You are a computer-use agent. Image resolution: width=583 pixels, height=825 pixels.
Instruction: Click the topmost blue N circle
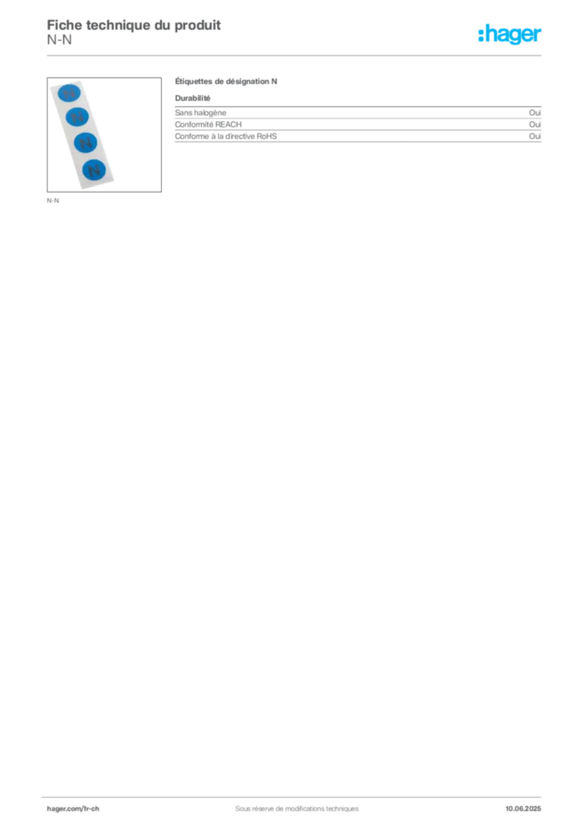pyautogui.click(x=71, y=93)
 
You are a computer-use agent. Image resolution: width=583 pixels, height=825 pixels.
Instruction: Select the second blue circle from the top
pyautogui.click(x=78, y=118)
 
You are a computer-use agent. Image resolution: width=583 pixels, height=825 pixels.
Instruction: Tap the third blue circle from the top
pyautogui.click(x=86, y=143)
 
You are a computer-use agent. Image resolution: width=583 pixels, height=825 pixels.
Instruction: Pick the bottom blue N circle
pyautogui.click(x=94, y=170)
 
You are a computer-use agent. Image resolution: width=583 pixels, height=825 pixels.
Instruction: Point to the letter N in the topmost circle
pyautogui.click(x=71, y=93)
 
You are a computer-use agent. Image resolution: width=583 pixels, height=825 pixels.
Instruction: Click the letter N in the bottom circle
pyautogui.click(x=94, y=171)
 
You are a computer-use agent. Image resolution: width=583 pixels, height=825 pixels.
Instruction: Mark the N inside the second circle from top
pyautogui.click(x=78, y=118)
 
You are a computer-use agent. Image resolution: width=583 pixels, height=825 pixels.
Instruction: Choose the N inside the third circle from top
pyautogui.click(x=86, y=144)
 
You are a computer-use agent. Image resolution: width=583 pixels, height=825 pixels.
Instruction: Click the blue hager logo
pyautogui.click(x=511, y=34)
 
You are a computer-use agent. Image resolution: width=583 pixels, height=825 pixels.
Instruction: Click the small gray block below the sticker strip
pyautogui.click(x=54, y=201)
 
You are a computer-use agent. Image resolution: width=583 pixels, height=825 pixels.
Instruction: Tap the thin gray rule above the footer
pyautogui.click(x=296, y=795)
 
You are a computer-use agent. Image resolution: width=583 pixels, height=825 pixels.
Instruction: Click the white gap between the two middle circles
pyautogui.click(x=82, y=131)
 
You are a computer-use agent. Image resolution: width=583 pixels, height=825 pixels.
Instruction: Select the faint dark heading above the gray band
pyautogui.click(x=229, y=83)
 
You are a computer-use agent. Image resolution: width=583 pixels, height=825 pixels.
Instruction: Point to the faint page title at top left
pyautogui.click(x=134, y=22)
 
